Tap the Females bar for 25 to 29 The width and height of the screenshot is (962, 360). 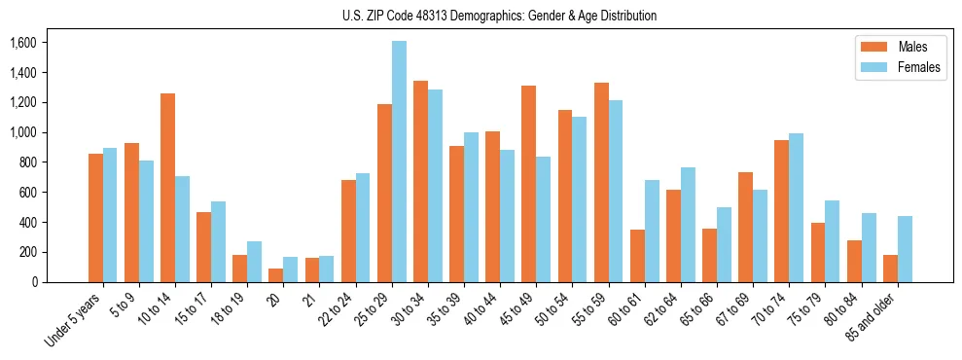pos(399,162)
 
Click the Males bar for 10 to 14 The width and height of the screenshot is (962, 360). pos(168,188)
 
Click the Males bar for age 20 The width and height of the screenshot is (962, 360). pos(276,275)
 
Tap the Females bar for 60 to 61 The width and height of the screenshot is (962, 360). pos(652,231)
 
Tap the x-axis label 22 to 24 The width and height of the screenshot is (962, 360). pos(337,305)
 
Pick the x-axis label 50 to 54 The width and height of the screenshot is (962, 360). pos(553,305)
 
